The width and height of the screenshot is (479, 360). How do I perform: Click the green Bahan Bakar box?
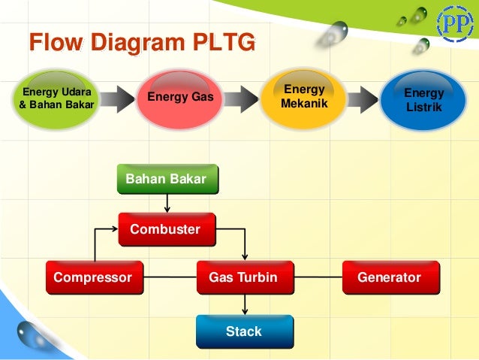pos(167,179)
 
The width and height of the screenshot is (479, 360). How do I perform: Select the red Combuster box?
pos(167,229)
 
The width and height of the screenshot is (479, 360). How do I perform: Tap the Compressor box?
pos(94,277)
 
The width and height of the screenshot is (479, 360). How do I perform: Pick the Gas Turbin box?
pos(244,277)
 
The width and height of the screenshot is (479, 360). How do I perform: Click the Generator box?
pos(390,277)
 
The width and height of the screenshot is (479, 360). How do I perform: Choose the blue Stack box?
pos(244,331)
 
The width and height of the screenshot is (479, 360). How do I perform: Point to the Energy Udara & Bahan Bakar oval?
pos(56,98)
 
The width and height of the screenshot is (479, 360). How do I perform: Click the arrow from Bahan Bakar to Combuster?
pos(167,203)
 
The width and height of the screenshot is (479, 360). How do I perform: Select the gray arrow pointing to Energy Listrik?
pos(366,98)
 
